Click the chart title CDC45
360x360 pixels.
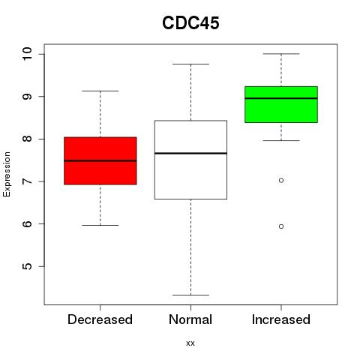190,23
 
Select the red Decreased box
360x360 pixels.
100,160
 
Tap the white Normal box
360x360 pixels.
190,160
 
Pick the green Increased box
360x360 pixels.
281,104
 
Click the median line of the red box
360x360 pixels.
100,160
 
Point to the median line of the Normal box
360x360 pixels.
190,153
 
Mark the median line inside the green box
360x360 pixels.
281,98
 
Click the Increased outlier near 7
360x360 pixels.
281,180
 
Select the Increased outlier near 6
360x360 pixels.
281,226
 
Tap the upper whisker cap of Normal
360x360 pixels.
190,64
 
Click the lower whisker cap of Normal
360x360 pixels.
190,295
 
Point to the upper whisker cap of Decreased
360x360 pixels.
100,91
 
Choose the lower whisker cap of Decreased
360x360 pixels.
100,225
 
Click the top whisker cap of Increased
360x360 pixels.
281,54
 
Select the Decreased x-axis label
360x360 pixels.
100,319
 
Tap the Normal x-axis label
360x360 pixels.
190,319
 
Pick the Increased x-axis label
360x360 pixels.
281,319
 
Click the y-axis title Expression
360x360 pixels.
7,174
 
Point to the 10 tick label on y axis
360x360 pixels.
28,54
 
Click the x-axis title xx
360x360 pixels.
190,343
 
